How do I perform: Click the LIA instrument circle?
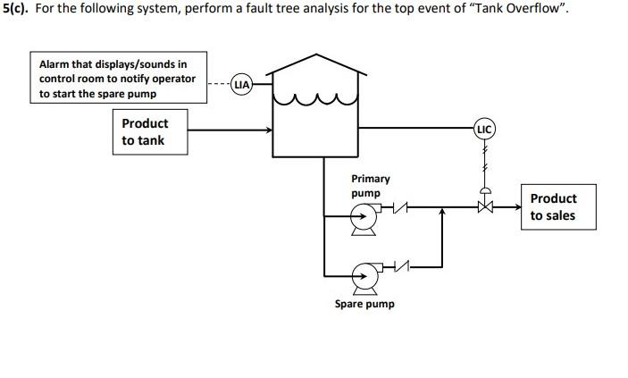click(241, 85)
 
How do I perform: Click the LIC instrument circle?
click(484, 130)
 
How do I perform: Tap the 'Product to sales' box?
click(553, 207)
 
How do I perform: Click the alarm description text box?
click(118, 80)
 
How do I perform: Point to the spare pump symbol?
click(364, 276)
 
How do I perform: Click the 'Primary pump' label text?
click(370, 186)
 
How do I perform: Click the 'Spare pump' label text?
click(364, 304)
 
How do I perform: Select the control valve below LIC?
click(485, 206)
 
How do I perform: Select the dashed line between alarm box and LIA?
click(218, 85)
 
